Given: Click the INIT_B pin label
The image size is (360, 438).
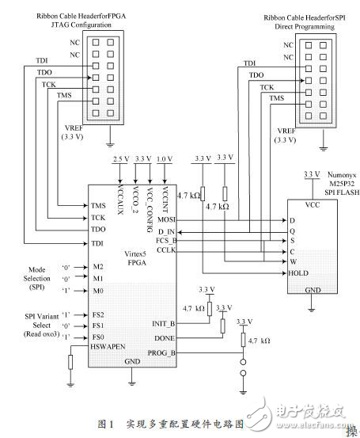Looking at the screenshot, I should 162,323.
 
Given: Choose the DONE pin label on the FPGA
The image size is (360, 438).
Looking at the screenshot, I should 164,337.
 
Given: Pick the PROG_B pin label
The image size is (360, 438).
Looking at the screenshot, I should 162,351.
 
